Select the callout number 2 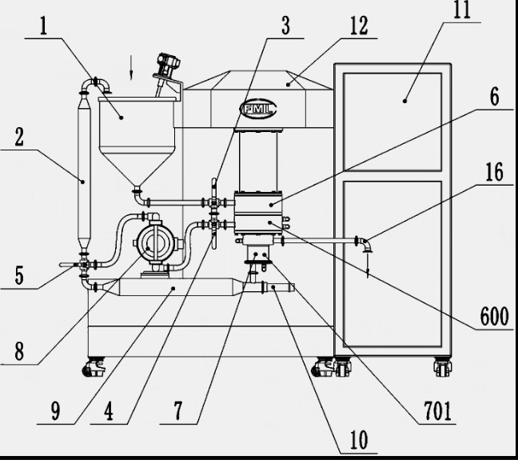coord(18,137)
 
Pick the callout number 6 coord(495,98)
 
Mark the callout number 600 coord(494,317)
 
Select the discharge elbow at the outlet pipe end coord(365,242)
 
